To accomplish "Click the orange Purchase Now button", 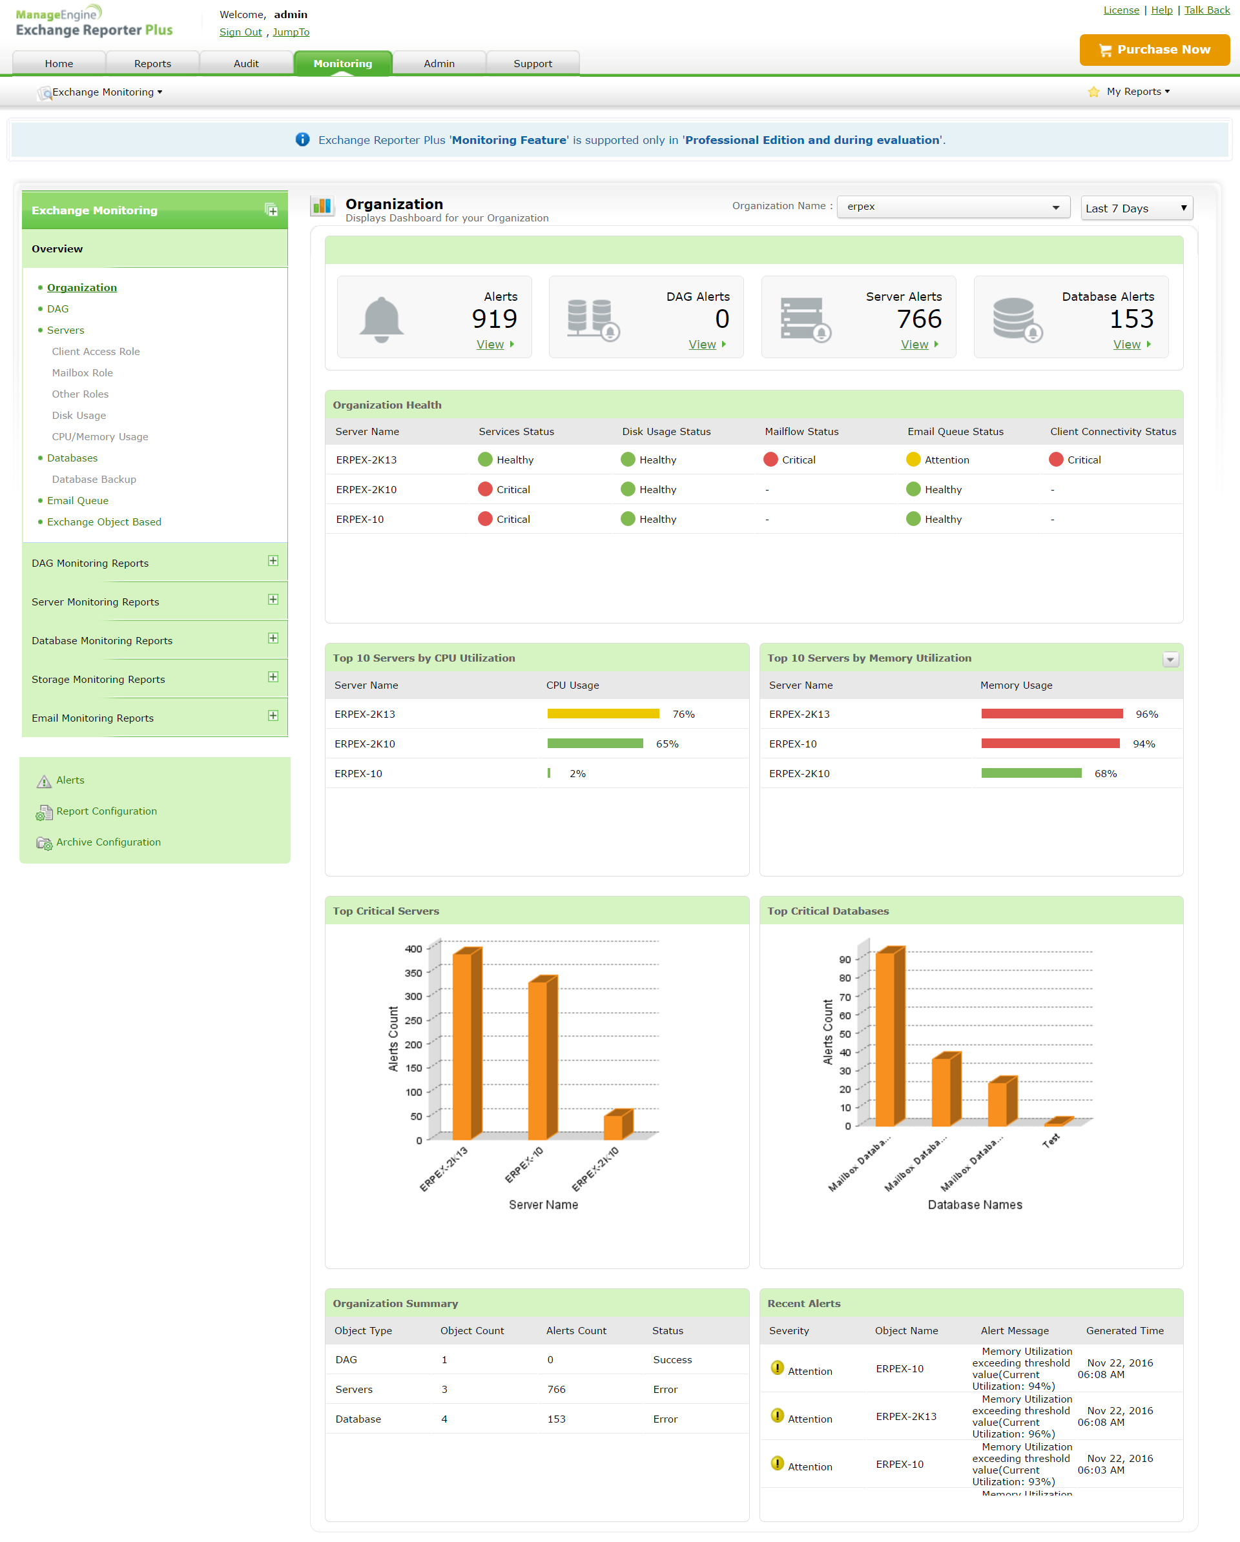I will point(1153,49).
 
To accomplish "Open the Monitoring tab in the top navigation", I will point(343,63).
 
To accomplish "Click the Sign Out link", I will point(240,32).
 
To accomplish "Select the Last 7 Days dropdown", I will point(1135,208).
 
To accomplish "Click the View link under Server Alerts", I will point(914,345).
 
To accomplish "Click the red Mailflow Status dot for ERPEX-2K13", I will point(770,460).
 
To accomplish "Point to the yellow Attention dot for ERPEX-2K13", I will point(913,460).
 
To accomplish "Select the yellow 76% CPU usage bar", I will point(603,714).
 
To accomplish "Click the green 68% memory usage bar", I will point(1030,773).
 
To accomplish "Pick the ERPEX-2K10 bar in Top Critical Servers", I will point(617,1125).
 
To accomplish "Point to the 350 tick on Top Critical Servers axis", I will point(413,973).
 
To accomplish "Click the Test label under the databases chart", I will point(1050,1141).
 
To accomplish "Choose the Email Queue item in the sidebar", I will point(77,501).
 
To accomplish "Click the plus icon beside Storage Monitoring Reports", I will point(273,677).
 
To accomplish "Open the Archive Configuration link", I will point(108,842).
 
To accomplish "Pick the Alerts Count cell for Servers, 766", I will point(556,1390).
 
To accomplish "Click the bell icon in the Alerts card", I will point(382,319).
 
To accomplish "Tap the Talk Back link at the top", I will point(1206,10).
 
